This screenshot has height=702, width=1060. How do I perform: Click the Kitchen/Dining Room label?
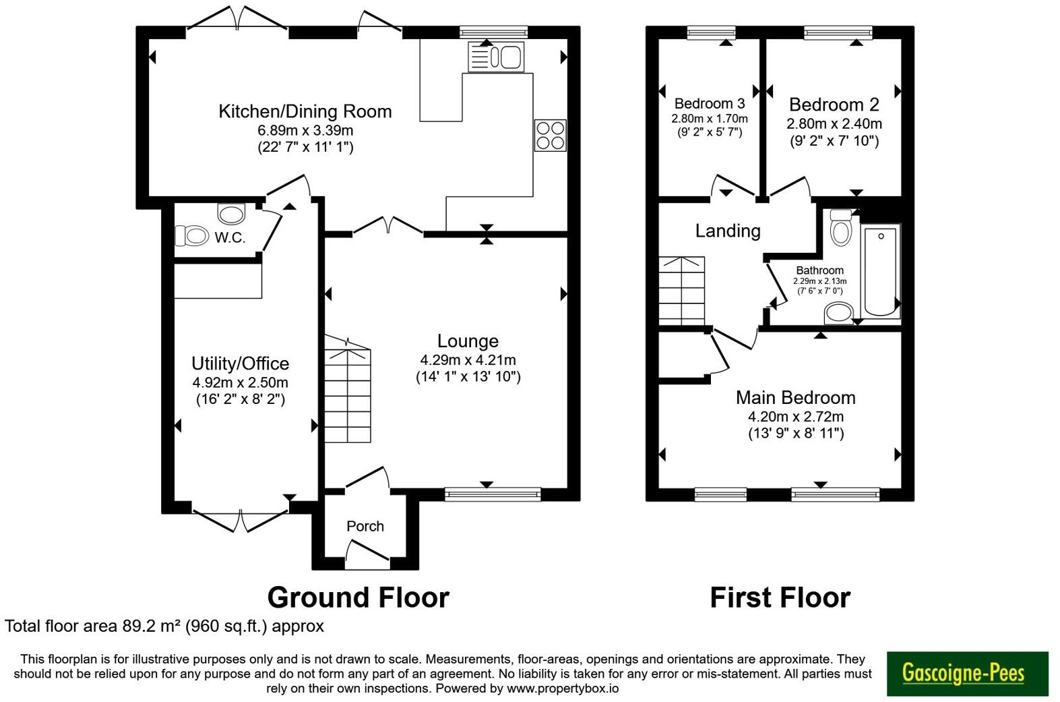(305, 111)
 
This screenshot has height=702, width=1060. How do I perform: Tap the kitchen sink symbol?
(497, 57)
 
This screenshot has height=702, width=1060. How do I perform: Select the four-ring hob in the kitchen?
(550, 135)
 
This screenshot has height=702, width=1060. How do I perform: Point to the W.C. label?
(230, 237)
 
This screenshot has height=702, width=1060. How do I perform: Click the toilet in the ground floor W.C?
(192, 236)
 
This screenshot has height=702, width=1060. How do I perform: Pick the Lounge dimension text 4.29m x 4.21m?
(468, 360)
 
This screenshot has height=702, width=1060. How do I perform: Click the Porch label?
(365, 526)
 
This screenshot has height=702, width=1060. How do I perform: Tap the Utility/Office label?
(240, 364)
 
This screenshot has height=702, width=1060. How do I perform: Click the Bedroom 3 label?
(710, 104)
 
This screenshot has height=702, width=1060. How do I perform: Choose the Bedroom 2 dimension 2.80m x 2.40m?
(834, 124)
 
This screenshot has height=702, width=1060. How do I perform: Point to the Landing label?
(728, 231)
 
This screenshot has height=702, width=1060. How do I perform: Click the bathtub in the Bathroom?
(881, 271)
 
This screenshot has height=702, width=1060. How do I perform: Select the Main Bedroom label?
(795, 398)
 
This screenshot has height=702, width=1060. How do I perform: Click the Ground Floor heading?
(358, 597)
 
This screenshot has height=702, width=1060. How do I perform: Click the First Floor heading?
(780, 597)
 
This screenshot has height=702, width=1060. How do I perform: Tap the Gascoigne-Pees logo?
(967, 673)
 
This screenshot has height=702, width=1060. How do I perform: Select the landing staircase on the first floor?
(682, 291)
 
